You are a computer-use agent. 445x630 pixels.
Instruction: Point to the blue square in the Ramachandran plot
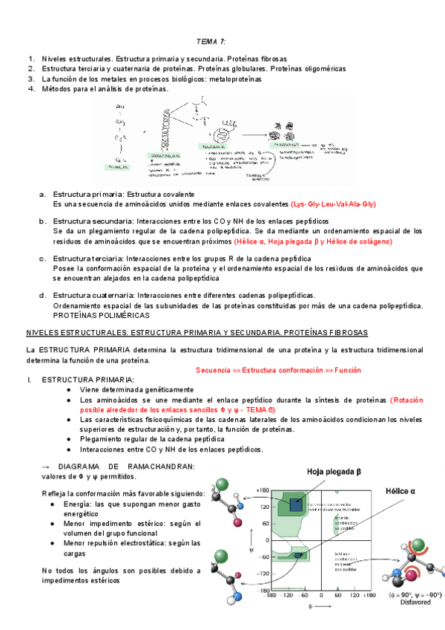click(x=296, y=504)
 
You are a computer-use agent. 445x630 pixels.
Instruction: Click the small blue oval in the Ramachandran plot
click(x=298, y=555)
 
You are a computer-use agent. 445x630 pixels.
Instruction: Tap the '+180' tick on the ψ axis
click(x=260, y=490)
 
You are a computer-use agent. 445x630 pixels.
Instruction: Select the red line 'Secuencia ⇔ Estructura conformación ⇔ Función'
click(x=278, y=370)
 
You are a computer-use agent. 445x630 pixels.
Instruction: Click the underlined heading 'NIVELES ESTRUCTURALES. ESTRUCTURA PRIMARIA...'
click(x=202, y=332)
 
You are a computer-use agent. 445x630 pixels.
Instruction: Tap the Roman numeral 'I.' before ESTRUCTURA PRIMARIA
click(x=29, y=380)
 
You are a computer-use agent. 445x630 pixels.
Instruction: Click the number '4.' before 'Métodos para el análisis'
click(x=31, y=89)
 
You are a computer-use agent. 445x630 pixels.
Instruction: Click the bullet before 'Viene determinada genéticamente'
click(x=69, y=389)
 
